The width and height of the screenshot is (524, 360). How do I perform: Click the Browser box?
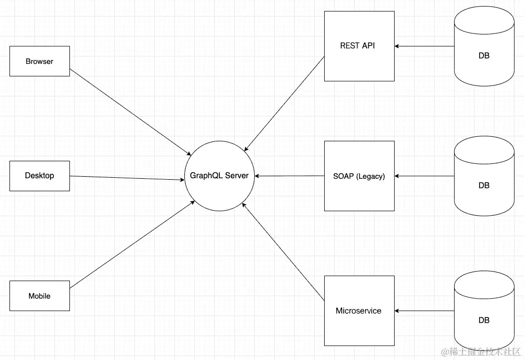point(39,61)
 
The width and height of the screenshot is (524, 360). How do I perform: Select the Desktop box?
point(39,176)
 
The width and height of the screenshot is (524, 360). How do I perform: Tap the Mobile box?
point(39,296)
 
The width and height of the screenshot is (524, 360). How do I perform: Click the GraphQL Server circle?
point(219,176)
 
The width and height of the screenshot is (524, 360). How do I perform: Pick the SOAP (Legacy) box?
point(359,176)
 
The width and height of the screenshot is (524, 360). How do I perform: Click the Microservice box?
point(359,311)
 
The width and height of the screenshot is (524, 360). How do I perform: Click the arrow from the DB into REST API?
point(425,46)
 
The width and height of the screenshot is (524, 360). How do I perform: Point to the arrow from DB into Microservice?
point(425,311)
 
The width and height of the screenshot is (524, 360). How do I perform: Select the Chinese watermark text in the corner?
point(481,352)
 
